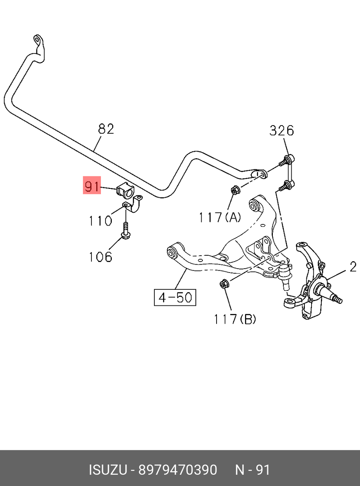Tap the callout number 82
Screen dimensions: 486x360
[106, 129]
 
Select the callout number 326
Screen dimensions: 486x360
[281, 130]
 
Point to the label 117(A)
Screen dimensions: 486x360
[219, 217]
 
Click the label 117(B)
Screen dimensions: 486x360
[235, 319]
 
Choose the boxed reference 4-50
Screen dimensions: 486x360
[175, 298]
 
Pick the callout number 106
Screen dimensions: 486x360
[100, 256]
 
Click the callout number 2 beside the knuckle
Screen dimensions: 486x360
[353, 267]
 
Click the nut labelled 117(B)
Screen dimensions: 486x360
[224, 283]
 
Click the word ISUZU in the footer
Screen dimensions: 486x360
[108, 470]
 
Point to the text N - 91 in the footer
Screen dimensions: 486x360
[252, 470]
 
